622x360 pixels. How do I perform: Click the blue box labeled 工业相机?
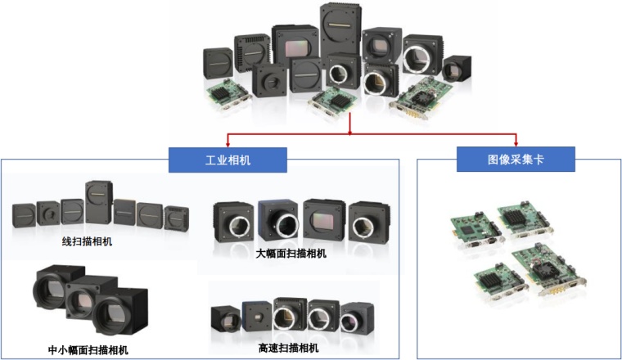tap(228, 160)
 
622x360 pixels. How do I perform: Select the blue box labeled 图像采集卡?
tap(516, 159)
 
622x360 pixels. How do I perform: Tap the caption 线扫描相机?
tap(87, 241)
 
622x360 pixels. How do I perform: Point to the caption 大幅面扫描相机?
tap(291, 254)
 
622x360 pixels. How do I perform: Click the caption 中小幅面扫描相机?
tap(88, 350)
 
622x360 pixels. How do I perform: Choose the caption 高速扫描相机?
tap(288, 348)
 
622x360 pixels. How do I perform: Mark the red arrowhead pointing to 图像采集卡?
tap(516, 143)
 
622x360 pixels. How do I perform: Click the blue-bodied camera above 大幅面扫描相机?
tap(278, 220)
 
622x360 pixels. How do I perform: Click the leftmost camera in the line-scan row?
tap(24, 215)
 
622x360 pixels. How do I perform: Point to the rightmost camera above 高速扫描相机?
tap(357, 317)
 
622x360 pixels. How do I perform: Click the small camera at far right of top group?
tap(457, 69)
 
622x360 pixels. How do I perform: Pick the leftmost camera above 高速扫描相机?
tap(226, 319)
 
